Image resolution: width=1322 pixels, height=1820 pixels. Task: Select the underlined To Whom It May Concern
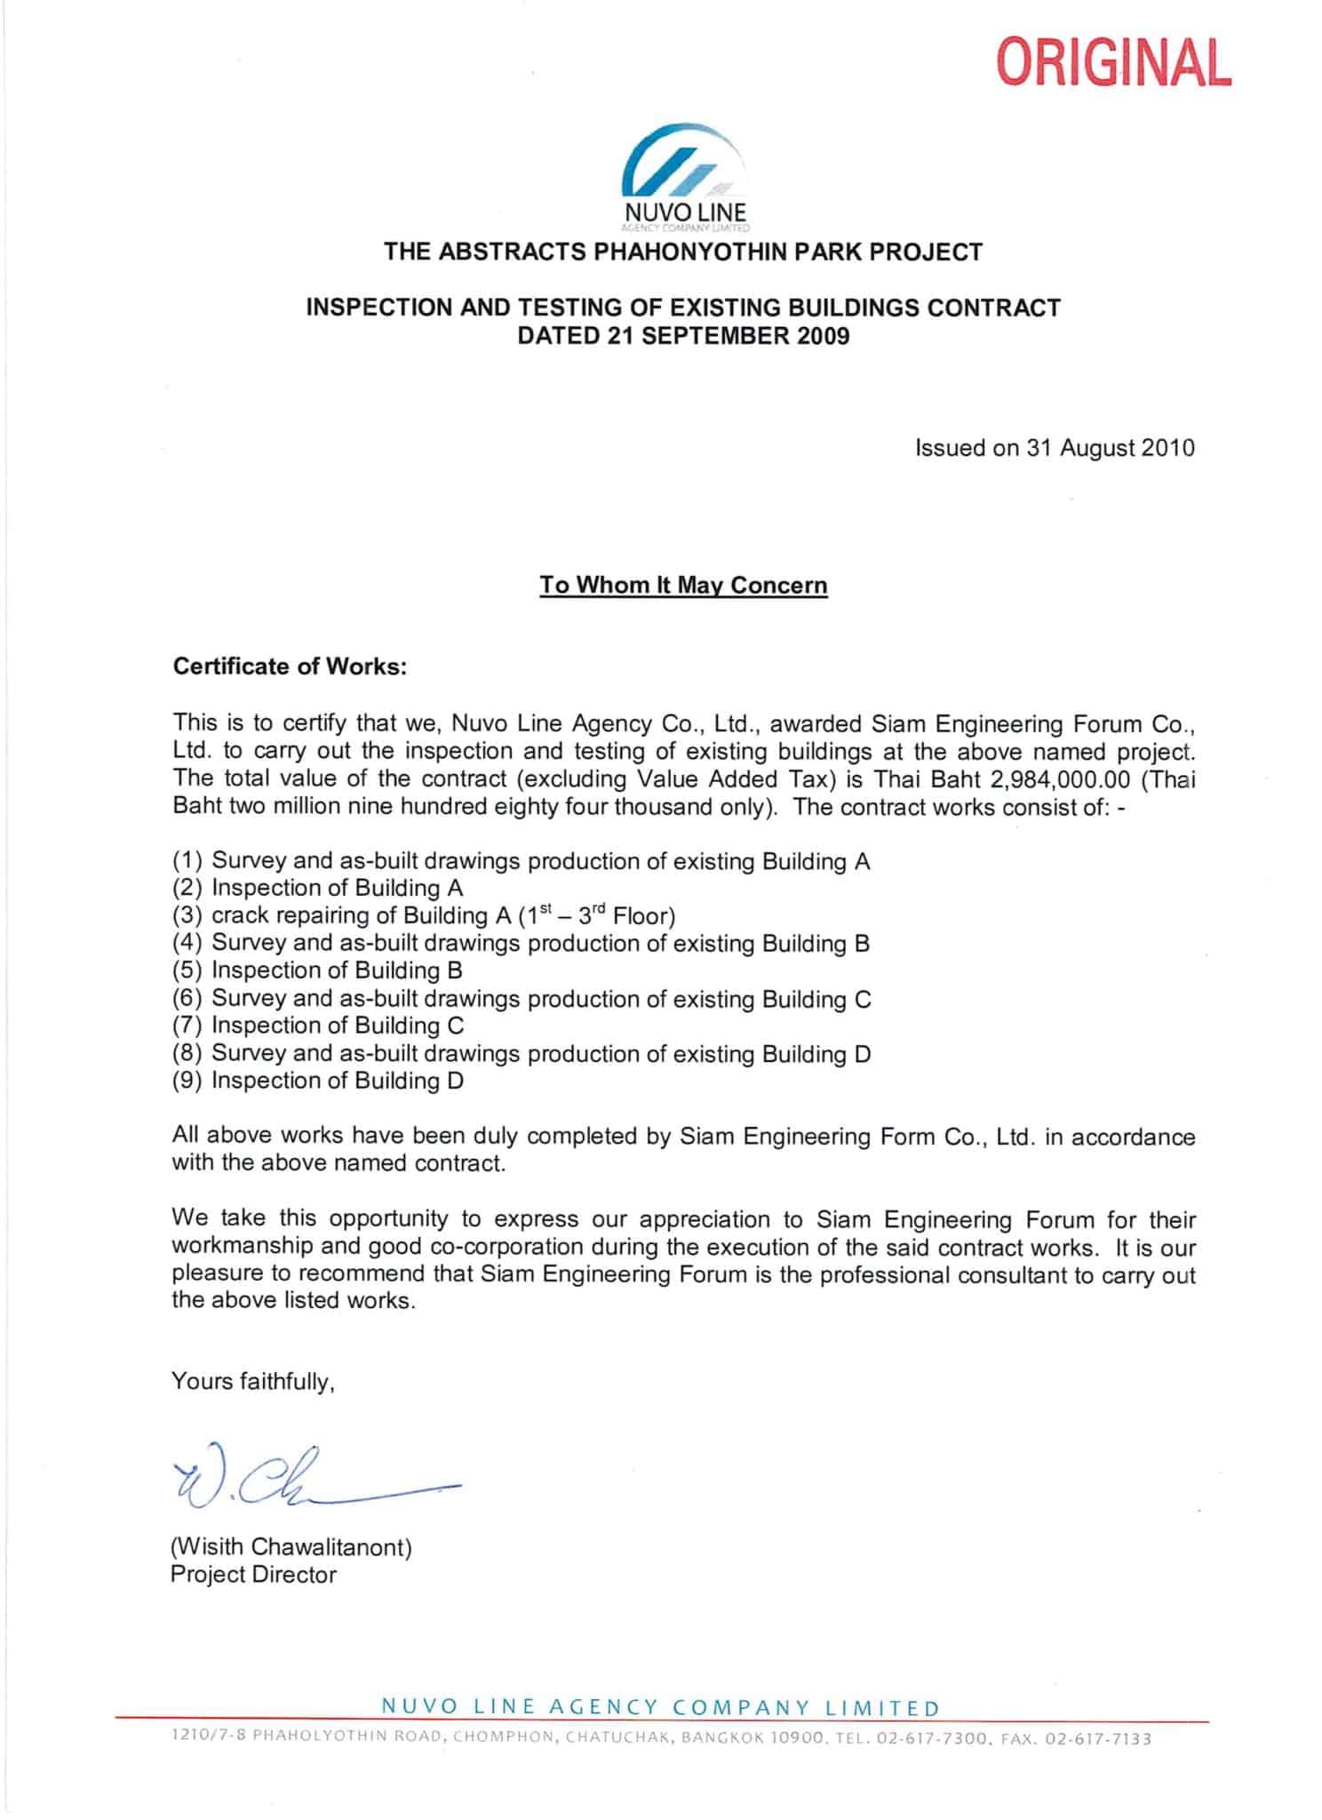click(x=683, y=586)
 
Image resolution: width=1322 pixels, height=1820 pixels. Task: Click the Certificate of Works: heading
click(x=290, y=667)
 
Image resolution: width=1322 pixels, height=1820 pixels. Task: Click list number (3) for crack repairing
click(x=187, y=916)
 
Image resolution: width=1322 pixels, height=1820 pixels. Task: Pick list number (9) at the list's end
click(x=187, y=1081)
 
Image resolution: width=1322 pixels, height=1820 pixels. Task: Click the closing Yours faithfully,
click(x=253, y=1382)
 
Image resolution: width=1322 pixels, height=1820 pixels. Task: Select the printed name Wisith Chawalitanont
click(x=291, y=1547)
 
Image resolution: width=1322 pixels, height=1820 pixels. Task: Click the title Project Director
click(x=253, y=1575)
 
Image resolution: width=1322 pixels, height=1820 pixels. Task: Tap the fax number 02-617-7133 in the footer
click(x=1103, y=1739)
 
